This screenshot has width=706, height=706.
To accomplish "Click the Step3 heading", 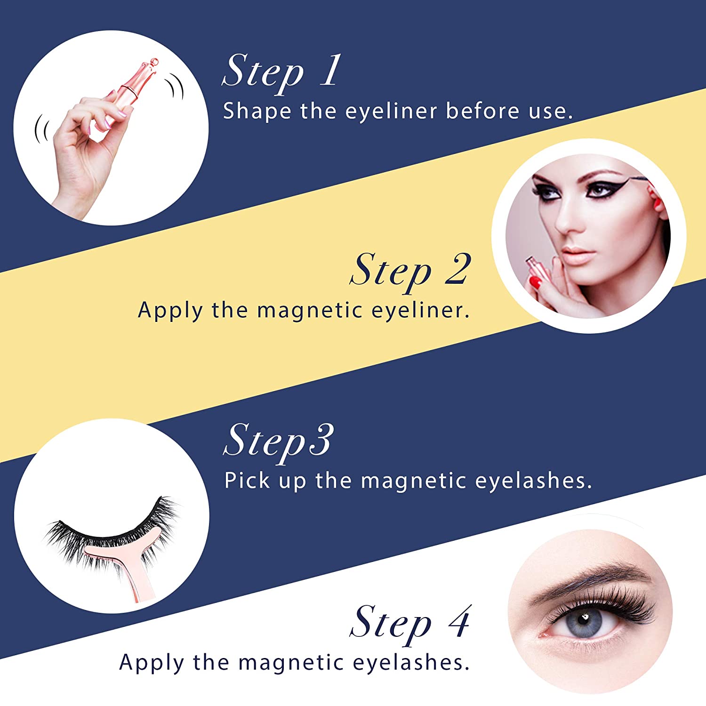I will coord(279,440).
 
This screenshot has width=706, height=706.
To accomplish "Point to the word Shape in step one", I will coord(257,112).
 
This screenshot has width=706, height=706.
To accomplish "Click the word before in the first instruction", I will coord(482,111).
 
